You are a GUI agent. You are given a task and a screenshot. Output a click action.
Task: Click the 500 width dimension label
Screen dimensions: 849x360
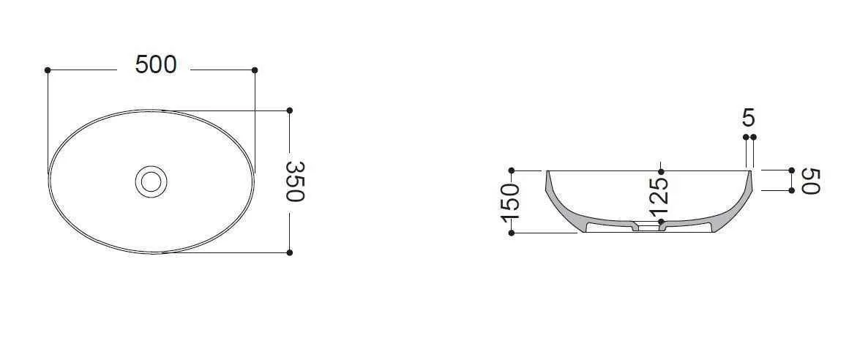[156, 65]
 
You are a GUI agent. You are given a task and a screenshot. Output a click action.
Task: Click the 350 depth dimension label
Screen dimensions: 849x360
[296, 181]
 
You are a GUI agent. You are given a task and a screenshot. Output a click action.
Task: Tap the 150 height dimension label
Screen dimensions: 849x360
[511, 203]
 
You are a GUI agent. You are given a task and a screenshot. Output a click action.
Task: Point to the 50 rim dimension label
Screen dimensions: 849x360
[811, 181]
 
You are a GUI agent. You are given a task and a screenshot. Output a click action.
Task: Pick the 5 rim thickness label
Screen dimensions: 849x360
[749, 118]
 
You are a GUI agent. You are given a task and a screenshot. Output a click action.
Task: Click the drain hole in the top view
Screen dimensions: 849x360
[151, 181]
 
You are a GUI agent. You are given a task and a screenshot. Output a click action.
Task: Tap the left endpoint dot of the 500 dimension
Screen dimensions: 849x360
[48, 70]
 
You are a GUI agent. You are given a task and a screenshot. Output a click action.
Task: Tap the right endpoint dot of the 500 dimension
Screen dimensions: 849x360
[255, 70]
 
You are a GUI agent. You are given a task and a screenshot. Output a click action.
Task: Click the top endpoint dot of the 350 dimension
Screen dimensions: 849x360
[290, 110]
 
